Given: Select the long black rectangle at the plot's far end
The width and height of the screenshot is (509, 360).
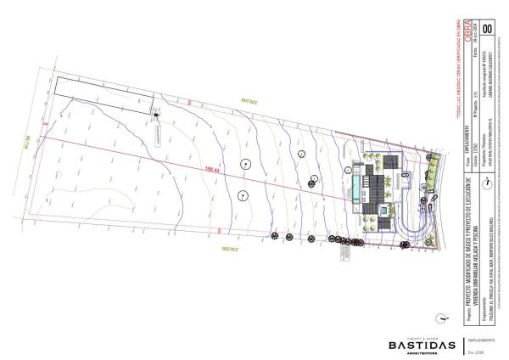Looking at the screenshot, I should pyautogui.click(x=104, y=95).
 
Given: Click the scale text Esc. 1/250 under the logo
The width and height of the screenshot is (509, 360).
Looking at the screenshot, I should pyautogui.click(x=474, y=352).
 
